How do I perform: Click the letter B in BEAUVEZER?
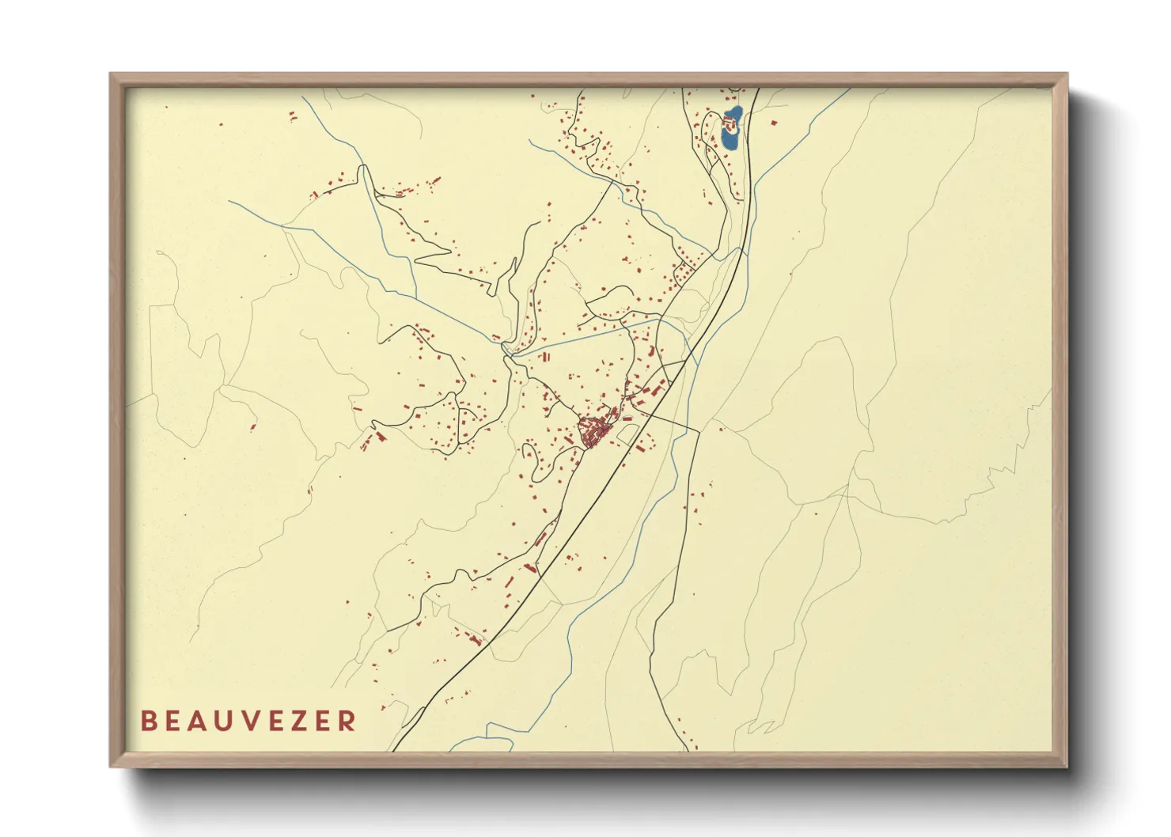pos(148,721)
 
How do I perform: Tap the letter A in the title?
pos(201,721)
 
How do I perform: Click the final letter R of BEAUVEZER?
pos(347,721)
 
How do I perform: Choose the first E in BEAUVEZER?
pos(175,721)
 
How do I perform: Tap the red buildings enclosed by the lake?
pos(729,123)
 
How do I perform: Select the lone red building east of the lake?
pos(774,123)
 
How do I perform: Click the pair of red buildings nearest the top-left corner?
pos(292,116)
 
